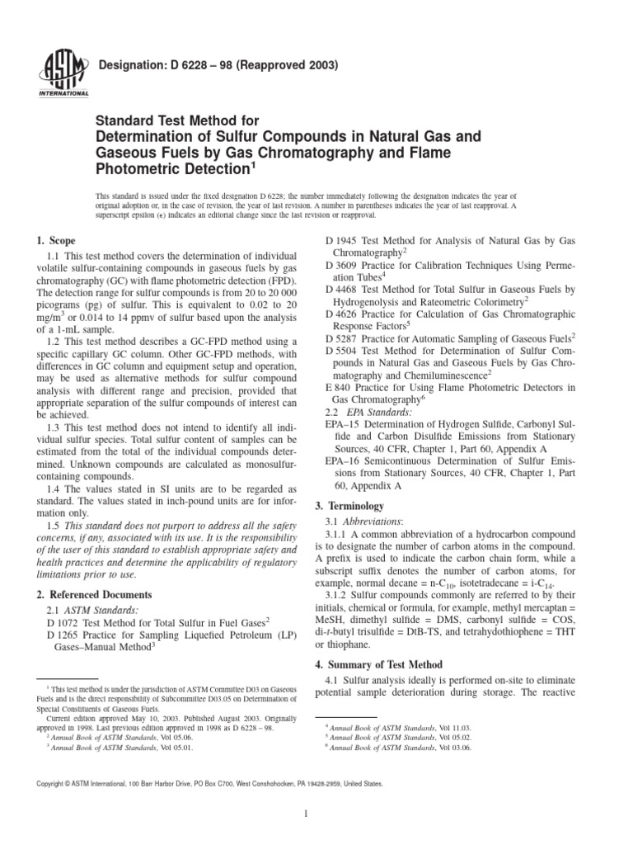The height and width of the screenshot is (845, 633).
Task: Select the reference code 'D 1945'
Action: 341,240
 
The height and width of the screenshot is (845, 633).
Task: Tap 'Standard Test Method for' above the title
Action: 163,116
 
